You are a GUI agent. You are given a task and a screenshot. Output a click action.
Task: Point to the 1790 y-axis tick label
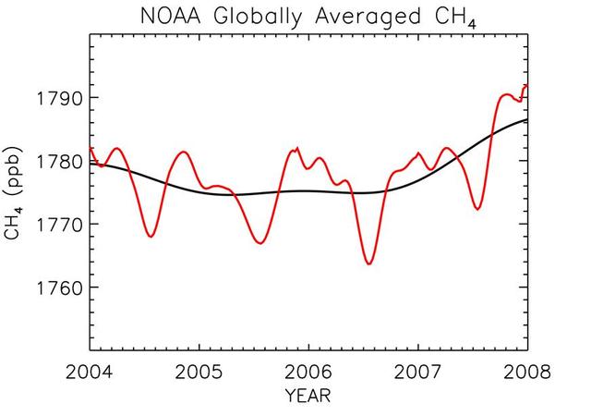[x=58, y=99]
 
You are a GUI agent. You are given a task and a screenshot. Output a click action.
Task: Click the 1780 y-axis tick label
[x=58, y=162]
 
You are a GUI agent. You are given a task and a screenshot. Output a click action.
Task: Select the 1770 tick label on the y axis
[x=58, y=225]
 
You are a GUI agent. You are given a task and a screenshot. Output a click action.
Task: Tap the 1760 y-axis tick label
[x=58, y=288]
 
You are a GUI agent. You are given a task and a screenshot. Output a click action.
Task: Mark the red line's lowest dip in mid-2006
[x=369, y=263]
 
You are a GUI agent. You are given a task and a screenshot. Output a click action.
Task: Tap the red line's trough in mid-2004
[x=151, y=237]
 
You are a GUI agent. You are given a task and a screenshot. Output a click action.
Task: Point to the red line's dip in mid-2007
[x=477, y=209]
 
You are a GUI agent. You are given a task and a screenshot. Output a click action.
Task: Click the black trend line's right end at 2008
[x=527, y=120]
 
